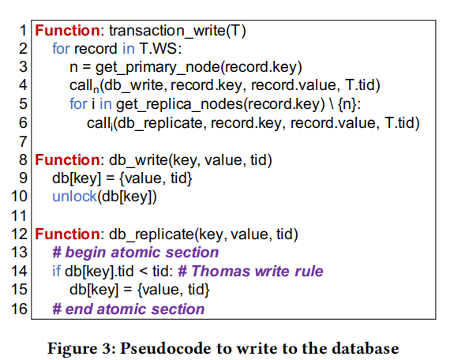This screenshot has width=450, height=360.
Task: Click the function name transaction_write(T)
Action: [178, 31]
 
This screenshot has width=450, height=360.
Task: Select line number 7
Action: [23, 141]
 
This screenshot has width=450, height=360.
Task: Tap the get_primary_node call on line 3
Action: [157, 68]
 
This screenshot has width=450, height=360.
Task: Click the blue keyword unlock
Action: [75, 197]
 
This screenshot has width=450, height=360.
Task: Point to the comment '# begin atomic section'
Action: [136, 253]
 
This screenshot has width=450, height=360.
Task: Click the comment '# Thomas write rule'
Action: [250, 271]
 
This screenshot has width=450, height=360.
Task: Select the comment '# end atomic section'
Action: [128, 309]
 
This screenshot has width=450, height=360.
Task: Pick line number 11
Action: [19, 216]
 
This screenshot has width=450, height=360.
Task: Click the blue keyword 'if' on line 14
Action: [57, 271]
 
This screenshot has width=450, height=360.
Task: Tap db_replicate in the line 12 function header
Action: [152, 234]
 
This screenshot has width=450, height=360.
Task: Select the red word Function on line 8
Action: [67, 160]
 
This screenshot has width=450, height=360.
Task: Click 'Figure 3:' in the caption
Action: [81, 348]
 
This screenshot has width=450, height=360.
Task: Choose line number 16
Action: [19, 309]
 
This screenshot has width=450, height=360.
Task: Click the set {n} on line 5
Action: [347, 104]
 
